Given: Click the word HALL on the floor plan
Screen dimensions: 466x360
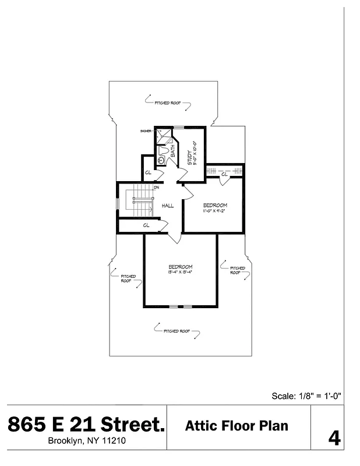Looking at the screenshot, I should point(168,206).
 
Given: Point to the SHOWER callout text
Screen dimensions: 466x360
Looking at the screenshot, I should point(146,131).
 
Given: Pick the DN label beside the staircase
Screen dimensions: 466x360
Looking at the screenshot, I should point(157,188).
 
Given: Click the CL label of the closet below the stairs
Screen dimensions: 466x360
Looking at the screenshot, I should point(146,225).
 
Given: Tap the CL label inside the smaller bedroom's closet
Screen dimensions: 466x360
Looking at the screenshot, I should point(224,173).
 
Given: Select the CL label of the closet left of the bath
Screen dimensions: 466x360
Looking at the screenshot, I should point(148,173).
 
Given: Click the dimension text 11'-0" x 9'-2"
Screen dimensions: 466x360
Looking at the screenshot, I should point(215,211).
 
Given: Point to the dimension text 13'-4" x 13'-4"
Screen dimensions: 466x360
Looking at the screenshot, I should point(180,272).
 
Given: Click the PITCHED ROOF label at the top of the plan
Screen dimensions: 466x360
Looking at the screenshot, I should point(168,103).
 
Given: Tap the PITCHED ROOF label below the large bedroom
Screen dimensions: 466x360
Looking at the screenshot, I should point(177,331).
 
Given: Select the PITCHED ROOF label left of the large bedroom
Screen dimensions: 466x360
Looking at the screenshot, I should point(128,278).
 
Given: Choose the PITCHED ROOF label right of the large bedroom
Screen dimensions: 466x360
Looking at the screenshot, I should point(237,270).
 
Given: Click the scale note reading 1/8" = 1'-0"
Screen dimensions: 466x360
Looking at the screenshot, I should point(306,396).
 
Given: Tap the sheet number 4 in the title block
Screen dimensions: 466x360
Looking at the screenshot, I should point(334,437).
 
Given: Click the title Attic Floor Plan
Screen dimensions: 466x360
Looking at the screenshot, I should point(237,426).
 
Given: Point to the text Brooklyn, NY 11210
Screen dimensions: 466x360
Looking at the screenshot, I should point(86,441).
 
